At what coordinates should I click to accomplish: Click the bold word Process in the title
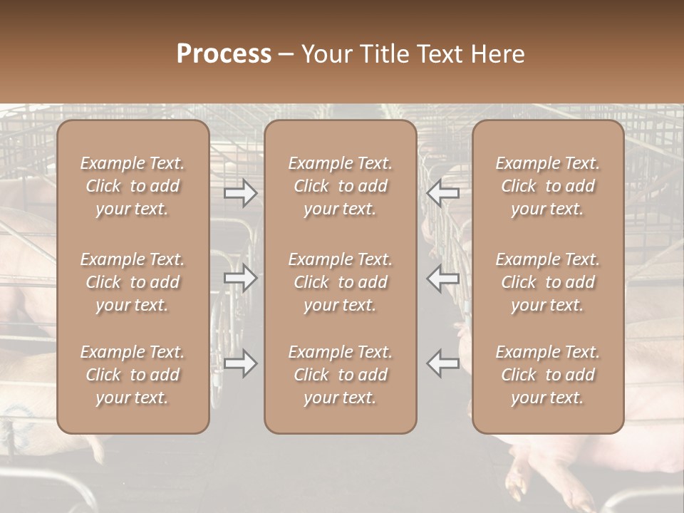[x=224, y=54]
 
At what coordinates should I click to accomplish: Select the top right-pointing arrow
[x=241, y=192]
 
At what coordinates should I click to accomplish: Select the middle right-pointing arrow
[x=241, y=279]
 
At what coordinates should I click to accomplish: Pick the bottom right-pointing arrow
[x=241, y=363]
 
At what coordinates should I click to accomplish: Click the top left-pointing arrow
[x=442, y=192]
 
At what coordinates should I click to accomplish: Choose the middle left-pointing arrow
[x=442, y=279]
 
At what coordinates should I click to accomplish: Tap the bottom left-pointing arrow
[x=442, y=363]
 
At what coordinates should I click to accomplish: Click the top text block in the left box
[x=133, y=186]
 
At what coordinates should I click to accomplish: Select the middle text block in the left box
[x=133, y=282]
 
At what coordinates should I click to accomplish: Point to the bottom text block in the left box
[x=133, y=375]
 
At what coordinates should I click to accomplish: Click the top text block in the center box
[x=340, y=186]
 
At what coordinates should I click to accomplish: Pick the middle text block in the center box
[x=340, y=282]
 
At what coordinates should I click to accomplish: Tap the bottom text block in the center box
[x=340, y=375]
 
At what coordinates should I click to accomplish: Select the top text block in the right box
[x=547, y=186]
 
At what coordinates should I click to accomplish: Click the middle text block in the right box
[x=547, y=282]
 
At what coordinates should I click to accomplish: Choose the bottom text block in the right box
[x=547, y=375]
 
